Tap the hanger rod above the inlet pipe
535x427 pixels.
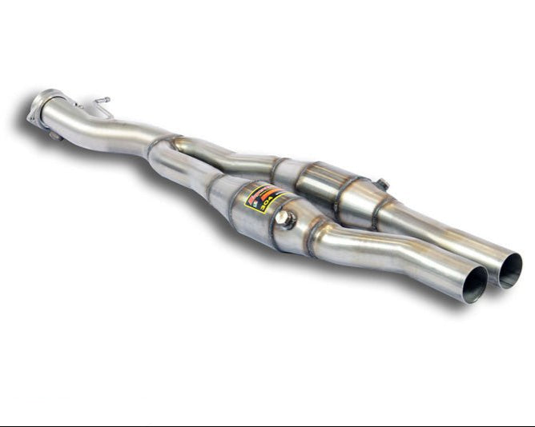(x=101, y=105)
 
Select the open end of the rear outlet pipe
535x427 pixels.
(x=509, y=269)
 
